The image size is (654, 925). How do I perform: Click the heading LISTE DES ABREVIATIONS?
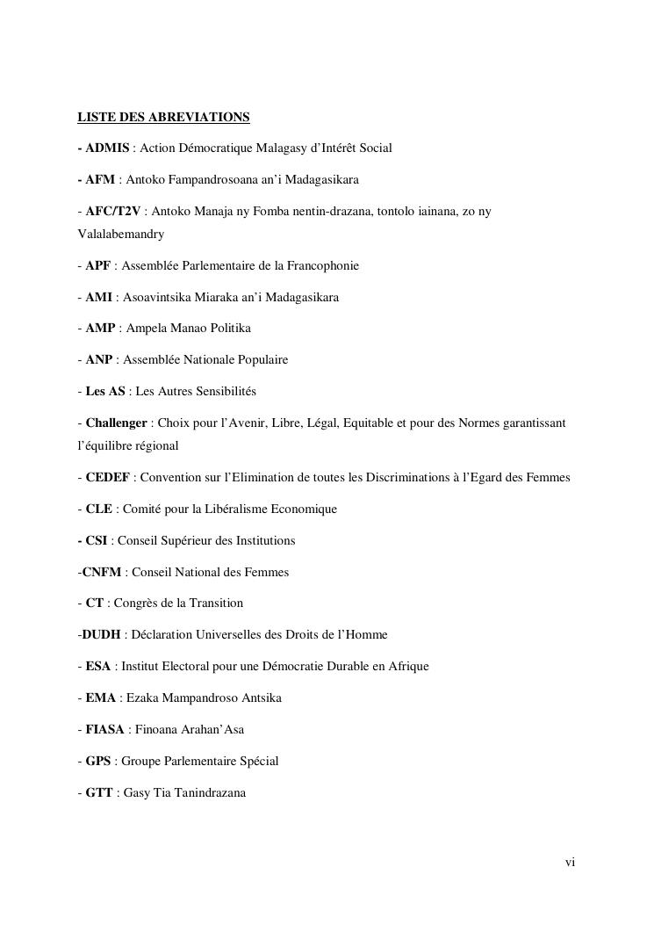tap(163, 117)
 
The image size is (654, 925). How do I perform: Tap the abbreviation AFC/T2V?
tap(114, 212)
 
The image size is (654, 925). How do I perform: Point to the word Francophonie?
tap(319, 265)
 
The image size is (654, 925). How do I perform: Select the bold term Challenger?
tap(116, 423)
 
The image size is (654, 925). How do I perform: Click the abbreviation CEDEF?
tap(108, 478)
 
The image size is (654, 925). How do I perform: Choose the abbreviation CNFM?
tap(102, 573)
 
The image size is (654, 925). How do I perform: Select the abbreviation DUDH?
tap(101, 635)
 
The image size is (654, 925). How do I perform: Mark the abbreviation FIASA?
tap(105, 730)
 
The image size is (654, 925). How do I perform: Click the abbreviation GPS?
tap(99, 762)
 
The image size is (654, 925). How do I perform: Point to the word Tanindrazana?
tap(209, 793)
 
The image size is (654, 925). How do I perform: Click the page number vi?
tap(570, 863)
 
